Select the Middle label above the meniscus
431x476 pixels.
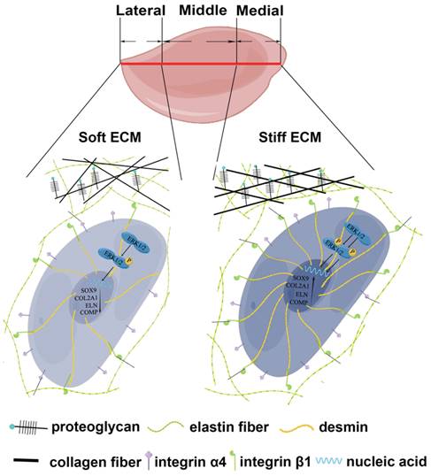(203, 12)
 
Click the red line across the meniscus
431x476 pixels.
(201, 64)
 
